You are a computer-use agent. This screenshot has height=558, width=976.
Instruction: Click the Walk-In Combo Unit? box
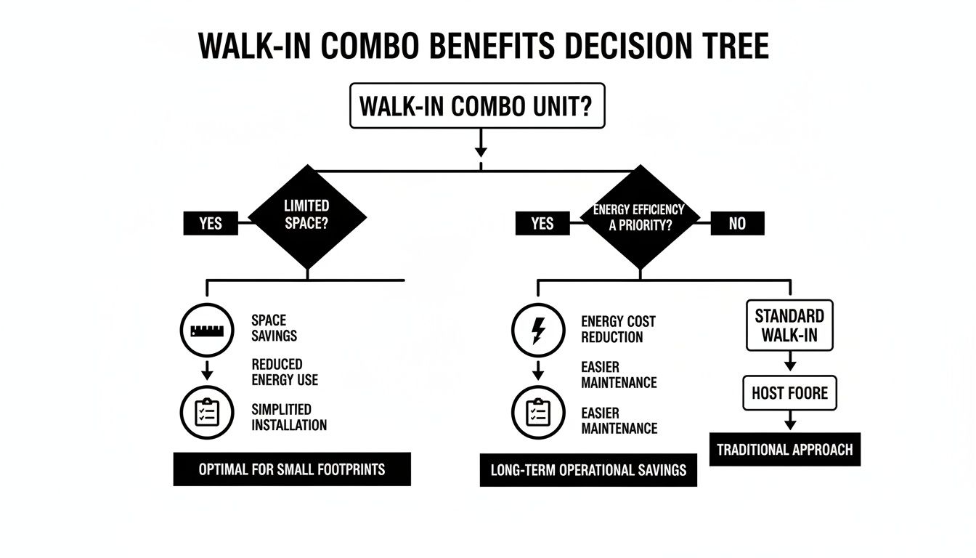point(477,106)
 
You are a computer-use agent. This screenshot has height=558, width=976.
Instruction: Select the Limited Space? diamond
point(307,217)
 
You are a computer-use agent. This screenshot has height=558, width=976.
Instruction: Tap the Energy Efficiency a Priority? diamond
point(639,217)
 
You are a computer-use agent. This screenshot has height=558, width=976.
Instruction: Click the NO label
point(736,224)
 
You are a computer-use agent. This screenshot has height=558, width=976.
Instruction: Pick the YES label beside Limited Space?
point(210,224)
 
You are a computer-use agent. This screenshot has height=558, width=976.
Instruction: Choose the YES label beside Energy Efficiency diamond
point(542,224)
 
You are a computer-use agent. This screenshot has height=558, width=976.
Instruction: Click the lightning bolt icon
point(538,331)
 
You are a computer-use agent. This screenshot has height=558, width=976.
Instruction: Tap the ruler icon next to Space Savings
point(206,331)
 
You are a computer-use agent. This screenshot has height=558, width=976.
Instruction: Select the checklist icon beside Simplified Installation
point(206,413)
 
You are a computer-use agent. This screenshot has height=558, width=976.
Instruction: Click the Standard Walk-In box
point(789,325)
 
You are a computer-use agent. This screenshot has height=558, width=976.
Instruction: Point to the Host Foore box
point(789,394)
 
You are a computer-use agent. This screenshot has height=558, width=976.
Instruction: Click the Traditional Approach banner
point(784,450)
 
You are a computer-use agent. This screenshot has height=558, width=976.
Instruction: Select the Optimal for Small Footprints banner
point(292,469)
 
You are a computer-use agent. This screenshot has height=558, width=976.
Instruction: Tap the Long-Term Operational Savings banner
point(588,470)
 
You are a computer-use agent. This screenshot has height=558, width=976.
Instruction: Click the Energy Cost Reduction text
point(617,329)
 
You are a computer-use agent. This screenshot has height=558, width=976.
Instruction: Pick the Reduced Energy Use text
point(285,372)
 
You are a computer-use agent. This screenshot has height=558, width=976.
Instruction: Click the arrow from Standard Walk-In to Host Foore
point(790,361)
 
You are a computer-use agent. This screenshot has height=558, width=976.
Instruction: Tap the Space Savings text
point(274,328)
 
